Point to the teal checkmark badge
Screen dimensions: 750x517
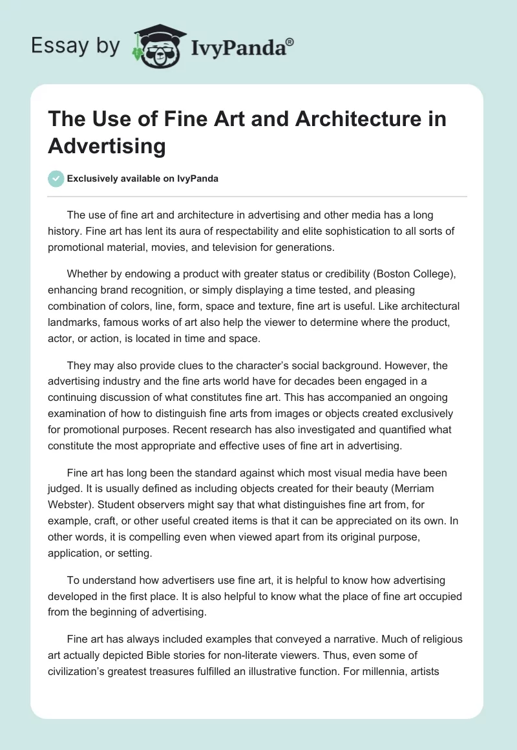56,178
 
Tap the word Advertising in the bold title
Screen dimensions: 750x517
107,145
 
